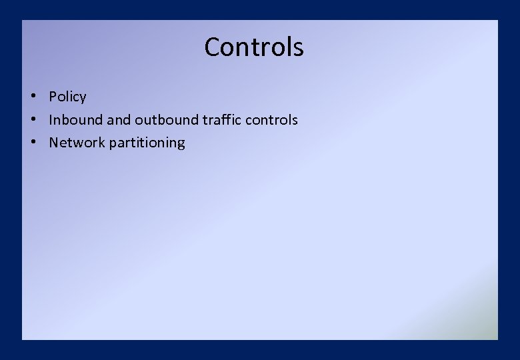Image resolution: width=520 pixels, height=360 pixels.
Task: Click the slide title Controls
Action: click(x=254, y=47)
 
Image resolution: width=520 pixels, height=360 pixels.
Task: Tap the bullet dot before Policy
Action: click(x=32, y=95)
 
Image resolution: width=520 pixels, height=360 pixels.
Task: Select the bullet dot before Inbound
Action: click(x=32, y=119)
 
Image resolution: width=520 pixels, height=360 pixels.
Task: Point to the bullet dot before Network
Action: click(x=32, y=141)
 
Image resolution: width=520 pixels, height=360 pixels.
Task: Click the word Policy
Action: click(x=67, y=97)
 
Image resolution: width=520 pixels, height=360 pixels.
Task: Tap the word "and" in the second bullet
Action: click(x=119, y=120)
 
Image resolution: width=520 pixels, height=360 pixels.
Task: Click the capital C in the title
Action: click(x=213, y=47)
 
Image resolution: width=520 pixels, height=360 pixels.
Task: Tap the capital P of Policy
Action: click(x=53, y=97)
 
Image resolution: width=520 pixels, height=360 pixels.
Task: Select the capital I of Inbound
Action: click(x=51, y=120)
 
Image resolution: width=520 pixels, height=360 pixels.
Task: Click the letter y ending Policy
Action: click(x=83, y=99)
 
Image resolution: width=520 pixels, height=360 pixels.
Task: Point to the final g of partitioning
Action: click(x=181, y=145)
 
